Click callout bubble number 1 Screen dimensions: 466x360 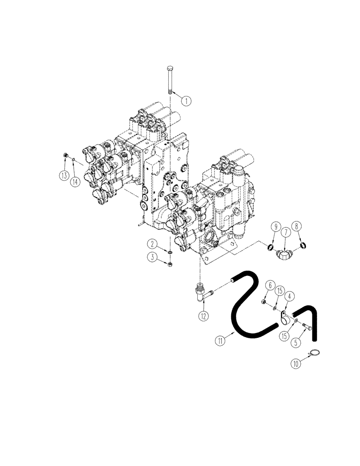(186, 100)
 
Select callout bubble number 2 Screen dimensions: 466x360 (152, 243)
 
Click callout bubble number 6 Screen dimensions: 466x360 (270, 285)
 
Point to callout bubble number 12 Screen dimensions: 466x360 (201, 315)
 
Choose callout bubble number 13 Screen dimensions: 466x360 (64, 175)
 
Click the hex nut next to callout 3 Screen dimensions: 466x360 (170, 264)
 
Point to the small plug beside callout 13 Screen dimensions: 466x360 (66, 156)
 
